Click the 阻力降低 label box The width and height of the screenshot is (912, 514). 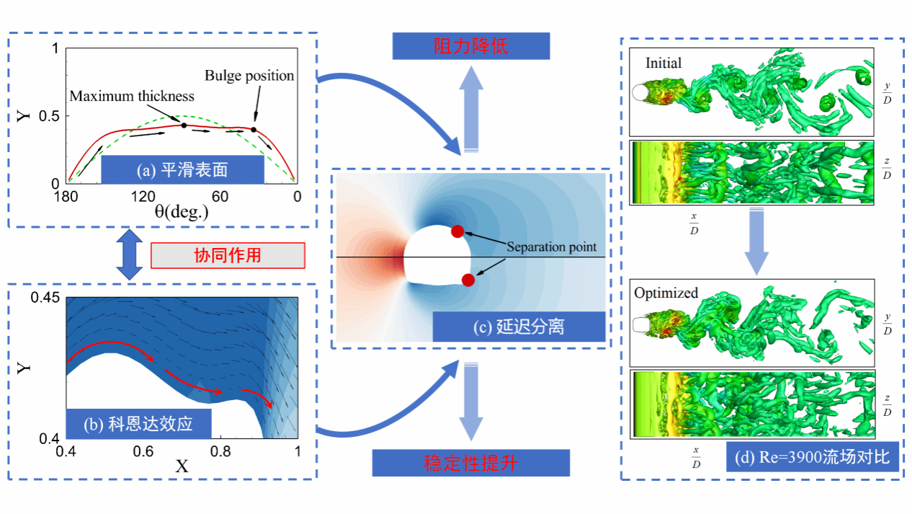[470, 47]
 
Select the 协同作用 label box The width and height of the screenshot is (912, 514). [228, 256]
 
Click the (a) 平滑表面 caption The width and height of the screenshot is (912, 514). [182, 169]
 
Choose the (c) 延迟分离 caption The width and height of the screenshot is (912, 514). [519, 327]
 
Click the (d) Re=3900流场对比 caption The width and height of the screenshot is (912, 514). [813, 457]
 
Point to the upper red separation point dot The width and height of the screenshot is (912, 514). [457, 231]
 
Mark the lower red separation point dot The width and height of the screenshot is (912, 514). [468, 280]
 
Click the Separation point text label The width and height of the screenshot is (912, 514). [551, 247]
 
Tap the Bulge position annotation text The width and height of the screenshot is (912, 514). [249, 76]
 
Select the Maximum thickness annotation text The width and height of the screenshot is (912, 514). [132, 96]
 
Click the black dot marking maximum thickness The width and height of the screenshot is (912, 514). [184, 125]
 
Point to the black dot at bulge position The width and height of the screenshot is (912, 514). [254, 130]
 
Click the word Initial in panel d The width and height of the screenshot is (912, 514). [663, 63]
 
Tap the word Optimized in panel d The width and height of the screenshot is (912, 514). [666, 293]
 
